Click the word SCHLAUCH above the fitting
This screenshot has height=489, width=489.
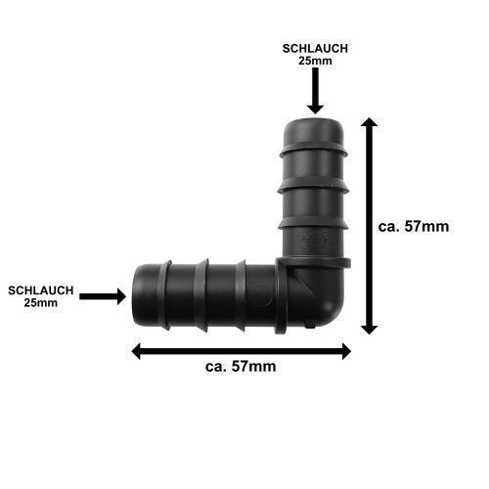[x=315, y=49]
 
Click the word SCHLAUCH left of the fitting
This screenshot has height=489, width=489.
[x=41, y=290]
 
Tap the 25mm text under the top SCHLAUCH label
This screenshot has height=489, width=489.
[x=315, y=61]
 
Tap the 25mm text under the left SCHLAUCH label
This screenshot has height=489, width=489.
[x=41, y=303]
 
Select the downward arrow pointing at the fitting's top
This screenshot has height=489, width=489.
[x=315, y=91]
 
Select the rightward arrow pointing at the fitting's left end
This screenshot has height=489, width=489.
[x=103, y=296]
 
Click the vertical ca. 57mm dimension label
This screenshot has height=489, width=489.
[x=414, y=226]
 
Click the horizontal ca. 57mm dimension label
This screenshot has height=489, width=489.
[x=241, y=367]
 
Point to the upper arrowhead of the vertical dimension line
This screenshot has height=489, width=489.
[x=369, y=122]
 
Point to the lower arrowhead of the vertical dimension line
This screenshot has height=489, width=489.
[x=369, y=330]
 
